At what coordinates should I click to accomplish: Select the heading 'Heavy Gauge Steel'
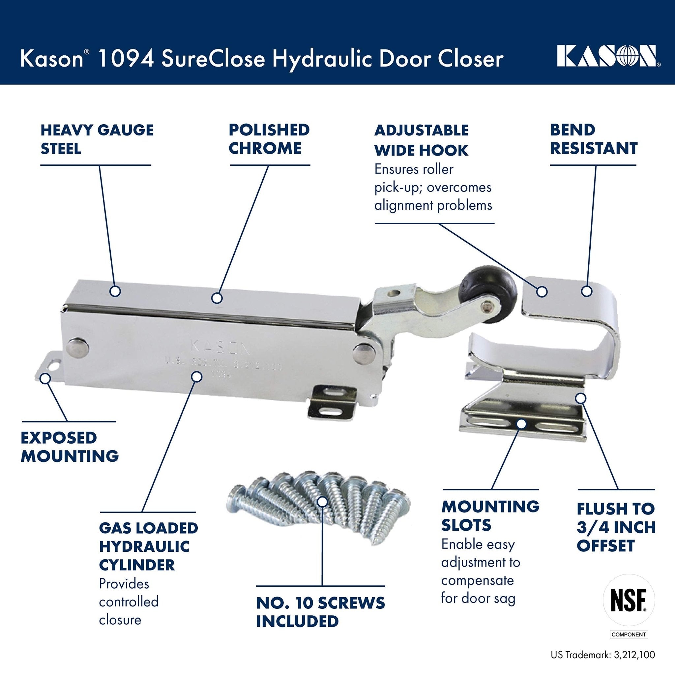(x=97, y=139)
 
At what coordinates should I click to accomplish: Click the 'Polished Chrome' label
(x=269, y=139)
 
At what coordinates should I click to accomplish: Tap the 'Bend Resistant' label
(x=594, y=139)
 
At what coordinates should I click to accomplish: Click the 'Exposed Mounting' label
(x=70, y=447)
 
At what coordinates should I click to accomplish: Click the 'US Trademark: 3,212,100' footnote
(x=603, y=664)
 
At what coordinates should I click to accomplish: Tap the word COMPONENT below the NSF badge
(x=629, y=644)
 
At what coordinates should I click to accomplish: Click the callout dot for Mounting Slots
(x=521, y=424)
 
